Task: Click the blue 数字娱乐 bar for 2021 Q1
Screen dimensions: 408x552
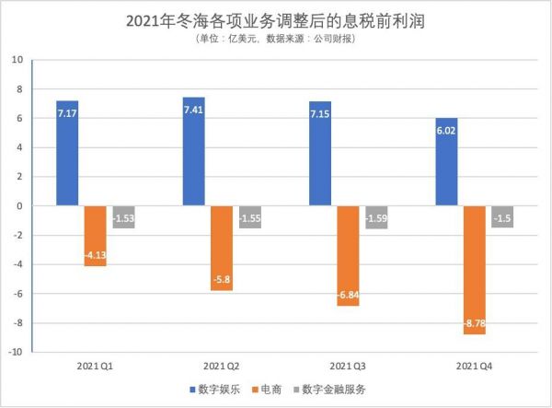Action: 67,153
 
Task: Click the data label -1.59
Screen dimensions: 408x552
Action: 376,219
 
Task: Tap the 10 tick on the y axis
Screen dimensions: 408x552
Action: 17,60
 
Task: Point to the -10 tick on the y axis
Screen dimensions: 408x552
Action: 15,352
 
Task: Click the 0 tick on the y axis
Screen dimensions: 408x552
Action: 19,206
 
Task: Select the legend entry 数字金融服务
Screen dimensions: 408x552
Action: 339,390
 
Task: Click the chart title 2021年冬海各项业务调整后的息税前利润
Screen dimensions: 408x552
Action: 276,19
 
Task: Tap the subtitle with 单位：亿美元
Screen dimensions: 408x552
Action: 276,39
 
